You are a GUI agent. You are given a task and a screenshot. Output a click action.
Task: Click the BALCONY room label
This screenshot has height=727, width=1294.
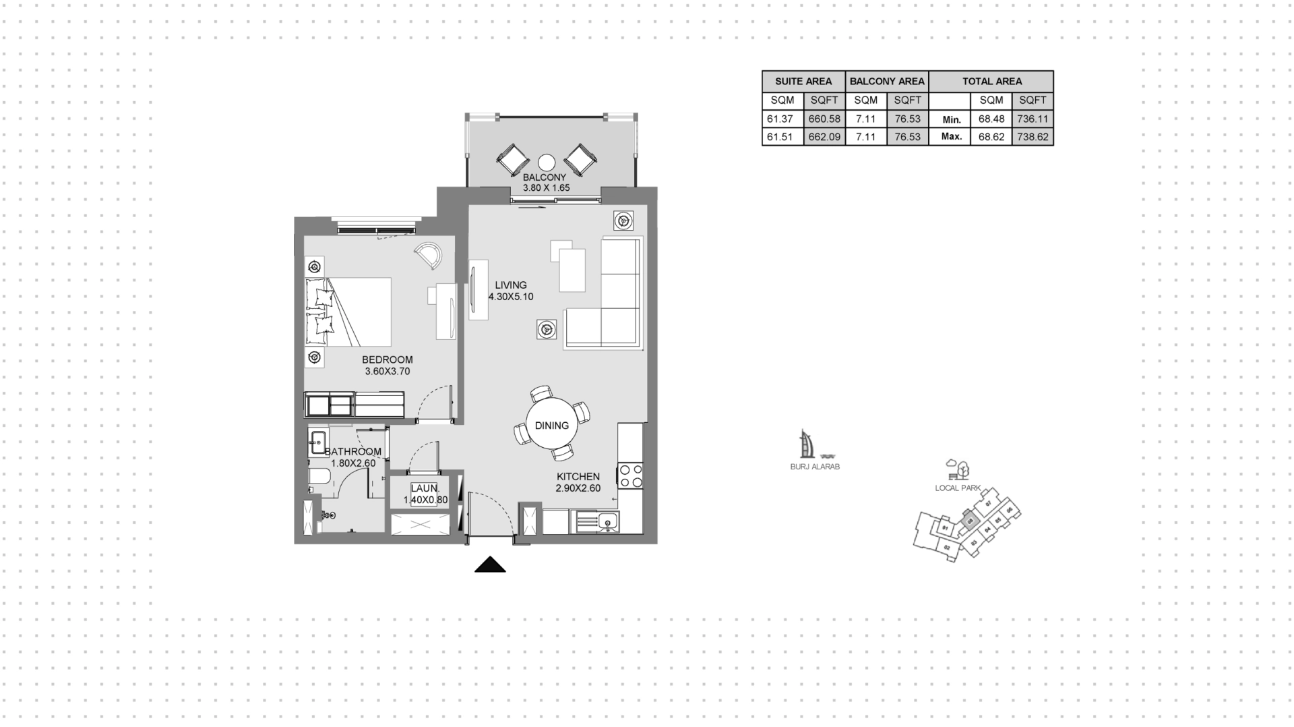click(x=545, y=178)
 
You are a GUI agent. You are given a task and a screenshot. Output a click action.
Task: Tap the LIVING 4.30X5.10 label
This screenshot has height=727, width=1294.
click(x=511, y=291)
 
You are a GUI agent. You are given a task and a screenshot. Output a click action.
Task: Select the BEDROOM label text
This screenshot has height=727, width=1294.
click(x=387, y=360)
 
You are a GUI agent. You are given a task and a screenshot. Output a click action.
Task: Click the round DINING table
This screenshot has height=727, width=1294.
click(x=551, y=425)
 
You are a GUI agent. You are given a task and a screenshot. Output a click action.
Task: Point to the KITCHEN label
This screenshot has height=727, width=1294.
click(x=578, y=477)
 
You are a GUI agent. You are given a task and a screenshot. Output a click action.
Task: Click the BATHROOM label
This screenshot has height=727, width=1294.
click(x=353, y=452)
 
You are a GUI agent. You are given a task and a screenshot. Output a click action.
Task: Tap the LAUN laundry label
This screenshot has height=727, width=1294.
click(x=425, y=488)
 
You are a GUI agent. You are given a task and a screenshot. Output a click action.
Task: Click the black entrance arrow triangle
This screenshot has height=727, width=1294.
click(x=490, y=565)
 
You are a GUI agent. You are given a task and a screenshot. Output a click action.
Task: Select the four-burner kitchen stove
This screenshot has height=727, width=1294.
click(x=631, y=475)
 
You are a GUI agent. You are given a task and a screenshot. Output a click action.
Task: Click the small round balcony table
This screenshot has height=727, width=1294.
click(x=547, y=163)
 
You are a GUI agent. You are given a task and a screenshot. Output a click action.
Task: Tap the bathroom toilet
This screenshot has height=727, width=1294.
click(x=319, y=477)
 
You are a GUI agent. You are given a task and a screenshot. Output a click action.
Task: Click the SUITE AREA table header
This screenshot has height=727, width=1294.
click(x=803, y=82)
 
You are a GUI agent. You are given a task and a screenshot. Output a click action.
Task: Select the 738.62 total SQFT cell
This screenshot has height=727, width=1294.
click(x=1033, y=136)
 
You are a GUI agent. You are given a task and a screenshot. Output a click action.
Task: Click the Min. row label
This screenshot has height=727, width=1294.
click(x=951, y=119)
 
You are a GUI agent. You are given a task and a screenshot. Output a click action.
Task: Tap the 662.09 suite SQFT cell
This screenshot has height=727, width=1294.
click(x=824, y=136)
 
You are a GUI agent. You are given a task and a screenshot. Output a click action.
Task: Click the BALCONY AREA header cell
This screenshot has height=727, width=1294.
click(x=887, y=82)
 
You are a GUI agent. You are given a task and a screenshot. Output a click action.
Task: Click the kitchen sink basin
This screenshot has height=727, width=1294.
click(x=608, y=521)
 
